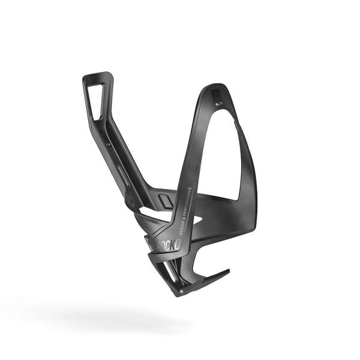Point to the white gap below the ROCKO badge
point(180,264)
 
